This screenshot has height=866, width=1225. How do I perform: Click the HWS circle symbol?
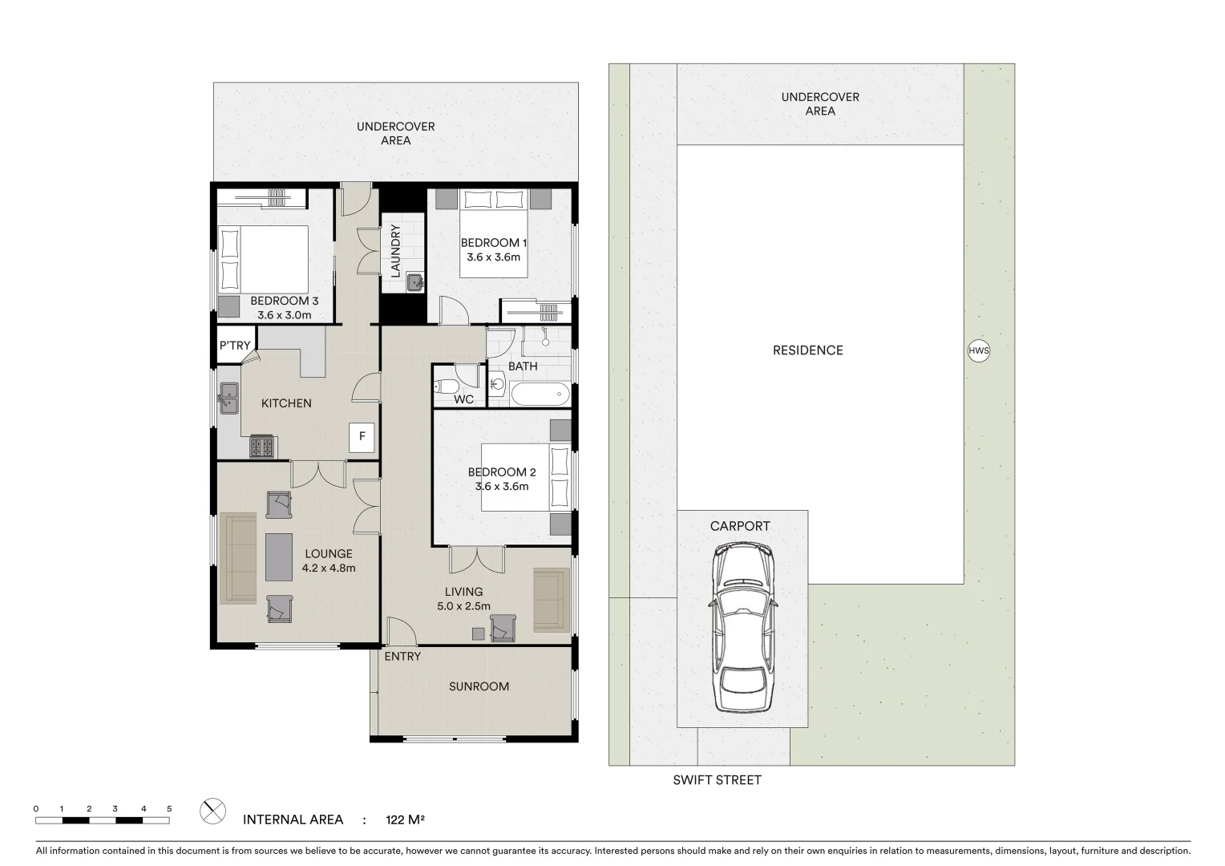979,350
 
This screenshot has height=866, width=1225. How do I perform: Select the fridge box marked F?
362,436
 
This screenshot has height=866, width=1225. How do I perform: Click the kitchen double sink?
228,399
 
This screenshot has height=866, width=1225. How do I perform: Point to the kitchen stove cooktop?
262,446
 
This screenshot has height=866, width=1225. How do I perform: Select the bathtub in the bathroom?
540,395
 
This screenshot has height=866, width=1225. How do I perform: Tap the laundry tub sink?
414,281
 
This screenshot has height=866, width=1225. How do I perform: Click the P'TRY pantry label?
235,346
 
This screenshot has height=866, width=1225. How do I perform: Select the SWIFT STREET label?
717,779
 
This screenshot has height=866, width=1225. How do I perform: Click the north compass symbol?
212,811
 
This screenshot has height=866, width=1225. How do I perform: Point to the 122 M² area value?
405,819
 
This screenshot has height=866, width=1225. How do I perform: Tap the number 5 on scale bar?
169,808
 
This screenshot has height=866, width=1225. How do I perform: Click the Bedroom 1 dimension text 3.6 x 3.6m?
494,257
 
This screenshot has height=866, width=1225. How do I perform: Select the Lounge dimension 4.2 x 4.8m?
329,568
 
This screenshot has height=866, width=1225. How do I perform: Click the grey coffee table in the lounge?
279,556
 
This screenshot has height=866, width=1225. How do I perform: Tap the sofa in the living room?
551,600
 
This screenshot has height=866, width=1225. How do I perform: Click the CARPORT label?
740,526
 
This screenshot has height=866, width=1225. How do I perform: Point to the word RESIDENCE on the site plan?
807,350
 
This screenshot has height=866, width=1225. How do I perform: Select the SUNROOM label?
479,686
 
